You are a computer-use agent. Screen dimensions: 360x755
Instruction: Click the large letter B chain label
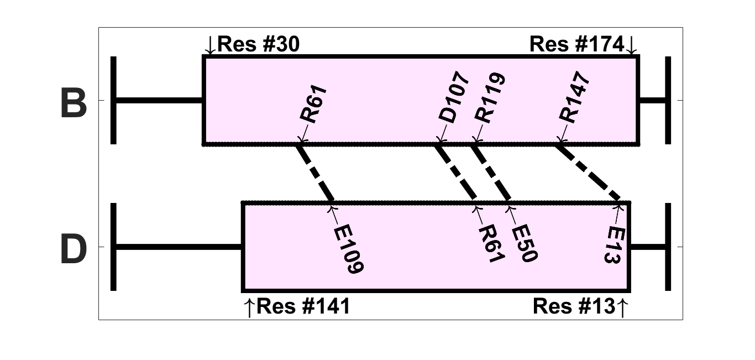(74, 104)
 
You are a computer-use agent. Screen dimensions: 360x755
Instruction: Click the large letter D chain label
(74, 251)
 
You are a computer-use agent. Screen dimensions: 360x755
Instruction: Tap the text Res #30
(259, 44)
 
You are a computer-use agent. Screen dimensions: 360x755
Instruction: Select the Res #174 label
(577, 44)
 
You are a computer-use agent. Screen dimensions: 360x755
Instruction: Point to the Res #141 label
(303, 306)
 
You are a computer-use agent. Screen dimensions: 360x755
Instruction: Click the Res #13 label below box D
(574, 306)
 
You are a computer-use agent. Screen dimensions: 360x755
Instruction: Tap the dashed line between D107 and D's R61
(456, 173)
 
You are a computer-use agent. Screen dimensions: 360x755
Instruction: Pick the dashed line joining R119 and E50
(491, 173)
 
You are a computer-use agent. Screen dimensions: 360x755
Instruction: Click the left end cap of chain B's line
(113, 100)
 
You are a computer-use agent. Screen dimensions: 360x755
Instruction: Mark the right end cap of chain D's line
(668, 247)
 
